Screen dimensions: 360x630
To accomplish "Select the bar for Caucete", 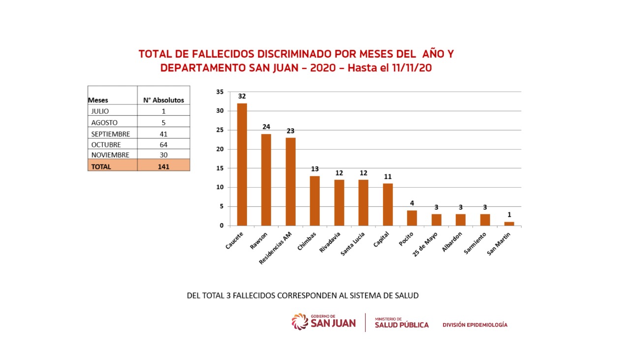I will tap(242, 164).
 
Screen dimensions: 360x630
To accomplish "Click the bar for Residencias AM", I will tap(290, 181).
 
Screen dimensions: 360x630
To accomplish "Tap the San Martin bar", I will tap(509, 224).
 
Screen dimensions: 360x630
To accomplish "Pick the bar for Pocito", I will tap(412, 218).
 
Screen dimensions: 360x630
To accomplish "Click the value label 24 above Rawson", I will tap(266, 127).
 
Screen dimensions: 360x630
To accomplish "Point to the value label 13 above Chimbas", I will tap(315, 169).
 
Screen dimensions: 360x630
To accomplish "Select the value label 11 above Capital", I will tap(387, 176).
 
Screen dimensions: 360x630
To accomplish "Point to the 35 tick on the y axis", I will tap(220, 92).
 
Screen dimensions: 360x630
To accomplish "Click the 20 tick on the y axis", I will tap(220, 149).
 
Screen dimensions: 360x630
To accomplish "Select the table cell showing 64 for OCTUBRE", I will tap(163, 145).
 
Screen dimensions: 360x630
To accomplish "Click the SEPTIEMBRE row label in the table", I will tap(110, 134).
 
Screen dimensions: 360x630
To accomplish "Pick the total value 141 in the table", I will tap(163, 166).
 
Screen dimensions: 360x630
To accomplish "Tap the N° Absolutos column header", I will tap(163, 100).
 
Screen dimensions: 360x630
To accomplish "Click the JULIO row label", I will tap(100, 111).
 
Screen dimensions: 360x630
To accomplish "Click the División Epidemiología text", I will tap(474, 325).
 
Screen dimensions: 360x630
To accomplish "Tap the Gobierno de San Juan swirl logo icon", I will tap(300, 322).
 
